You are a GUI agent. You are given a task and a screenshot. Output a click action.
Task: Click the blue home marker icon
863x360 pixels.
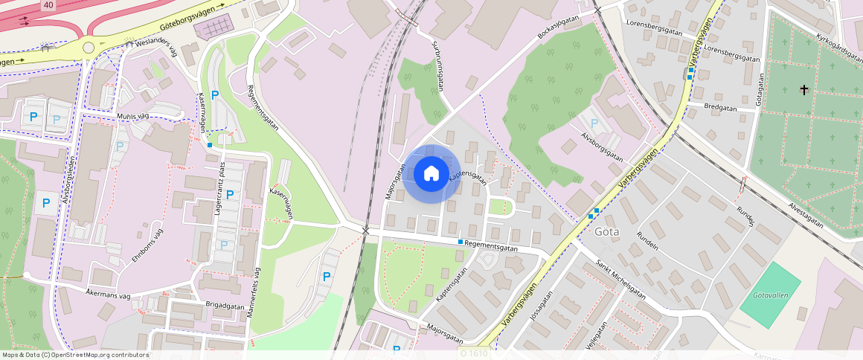[431, 174]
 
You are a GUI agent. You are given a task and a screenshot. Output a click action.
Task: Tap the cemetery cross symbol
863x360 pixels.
[803, 90]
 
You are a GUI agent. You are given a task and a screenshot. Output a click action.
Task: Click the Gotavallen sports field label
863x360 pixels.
[770, 295]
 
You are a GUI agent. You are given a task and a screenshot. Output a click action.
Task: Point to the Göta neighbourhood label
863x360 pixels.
[607, 231]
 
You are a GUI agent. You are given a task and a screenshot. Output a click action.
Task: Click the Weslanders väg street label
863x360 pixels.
[155, 46]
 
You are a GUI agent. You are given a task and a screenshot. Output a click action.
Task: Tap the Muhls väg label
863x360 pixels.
[133, 116]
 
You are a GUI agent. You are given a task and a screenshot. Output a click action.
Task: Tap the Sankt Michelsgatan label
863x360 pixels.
[620, 280]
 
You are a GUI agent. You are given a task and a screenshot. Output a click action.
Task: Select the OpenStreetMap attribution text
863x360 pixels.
[75, 355]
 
